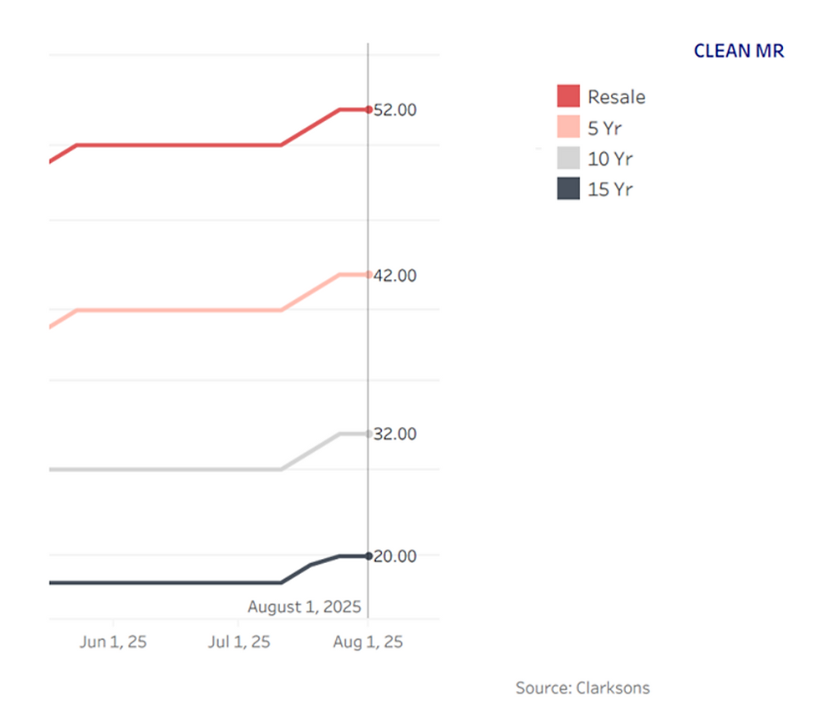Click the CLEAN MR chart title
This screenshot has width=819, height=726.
[739, 51]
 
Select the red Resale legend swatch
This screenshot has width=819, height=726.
[568, 96]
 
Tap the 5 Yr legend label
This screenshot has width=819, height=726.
[605, 128]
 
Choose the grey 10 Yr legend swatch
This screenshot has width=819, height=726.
[568, 158]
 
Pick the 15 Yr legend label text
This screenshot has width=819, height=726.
[610, 189]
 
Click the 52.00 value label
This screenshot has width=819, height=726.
[395, 109]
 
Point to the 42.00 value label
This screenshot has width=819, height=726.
[395, 275]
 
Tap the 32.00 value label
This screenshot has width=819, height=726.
[395, 434]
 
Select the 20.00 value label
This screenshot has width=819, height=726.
[395, 556]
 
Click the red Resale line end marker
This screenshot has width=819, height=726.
[369, 109]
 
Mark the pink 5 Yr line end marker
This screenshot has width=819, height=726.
[369, 274]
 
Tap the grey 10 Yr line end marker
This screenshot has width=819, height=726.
[369, 434]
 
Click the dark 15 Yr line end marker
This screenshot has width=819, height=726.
[369, 556]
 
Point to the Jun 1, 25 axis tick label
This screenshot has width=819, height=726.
[114, 642]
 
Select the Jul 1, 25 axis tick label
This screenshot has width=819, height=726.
[239, 642]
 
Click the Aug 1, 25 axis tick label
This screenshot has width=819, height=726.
[369, 642]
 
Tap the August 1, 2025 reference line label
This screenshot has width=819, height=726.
[304, 607]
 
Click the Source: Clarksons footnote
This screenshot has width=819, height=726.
[582, 688]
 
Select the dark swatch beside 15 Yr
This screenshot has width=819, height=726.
[568, 189]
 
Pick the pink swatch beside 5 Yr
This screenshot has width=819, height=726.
[568, 127]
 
